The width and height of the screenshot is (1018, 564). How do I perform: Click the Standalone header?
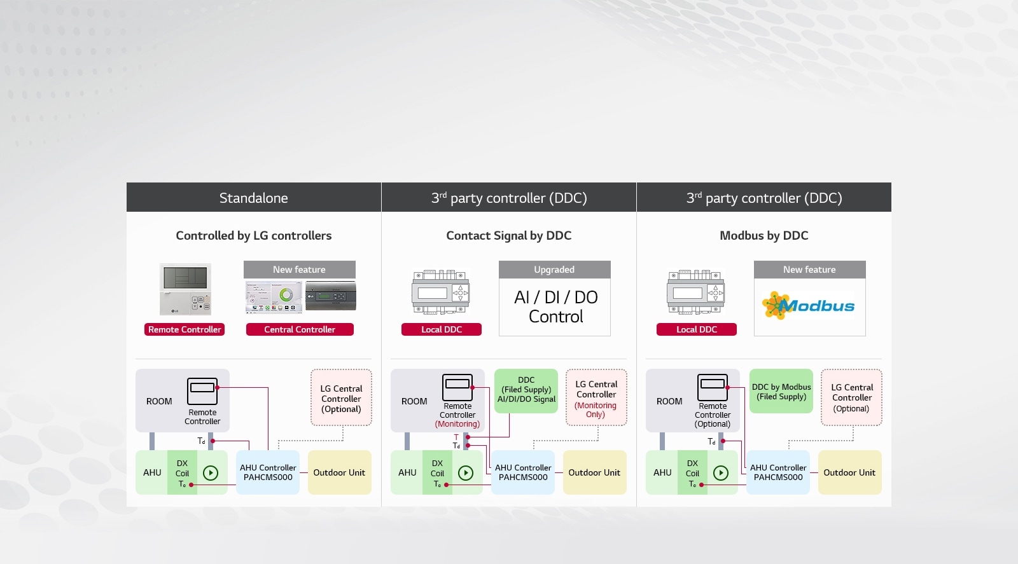click(x=253, y=198)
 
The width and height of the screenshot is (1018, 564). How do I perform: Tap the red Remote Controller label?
click(x=185, y=329)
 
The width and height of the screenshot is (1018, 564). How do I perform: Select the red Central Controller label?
click(x=300, y=329)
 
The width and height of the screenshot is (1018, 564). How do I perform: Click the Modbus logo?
click(x=809, y=306)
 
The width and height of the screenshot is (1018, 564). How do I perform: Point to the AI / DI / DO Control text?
click(x=555, y=306)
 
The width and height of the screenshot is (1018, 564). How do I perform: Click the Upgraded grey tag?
click(x=554, y=270)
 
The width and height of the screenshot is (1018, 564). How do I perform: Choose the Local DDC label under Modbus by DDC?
click(x=696, y=329)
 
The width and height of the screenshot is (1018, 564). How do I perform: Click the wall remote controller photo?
click(x=185, y=289)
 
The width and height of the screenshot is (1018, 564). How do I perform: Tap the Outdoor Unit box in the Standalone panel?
click(x=339, y=472)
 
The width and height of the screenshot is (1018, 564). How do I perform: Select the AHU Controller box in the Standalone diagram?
click(x=268, y=472)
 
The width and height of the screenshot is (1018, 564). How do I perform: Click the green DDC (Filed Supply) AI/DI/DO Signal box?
click(x=526, y=390)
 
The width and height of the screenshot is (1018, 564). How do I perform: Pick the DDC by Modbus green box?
click(x=781, y=391)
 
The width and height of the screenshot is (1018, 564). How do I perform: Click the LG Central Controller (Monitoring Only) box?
click(x=596, y=398)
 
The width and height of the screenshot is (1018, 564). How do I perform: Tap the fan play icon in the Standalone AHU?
click(x=211, y=472)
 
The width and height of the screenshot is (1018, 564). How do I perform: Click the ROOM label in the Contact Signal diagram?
click(x=414, y=401)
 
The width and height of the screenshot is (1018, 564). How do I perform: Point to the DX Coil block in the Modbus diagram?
click(x=692, y=472)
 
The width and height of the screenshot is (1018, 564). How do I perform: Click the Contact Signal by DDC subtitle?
click(x=508, y=235)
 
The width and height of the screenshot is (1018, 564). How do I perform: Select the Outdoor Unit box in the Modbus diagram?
click(x=849, y=472)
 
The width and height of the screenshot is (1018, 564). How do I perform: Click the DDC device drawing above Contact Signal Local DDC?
click(x=441, y=292)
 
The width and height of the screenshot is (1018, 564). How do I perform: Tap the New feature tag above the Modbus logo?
click(x=809, y=270)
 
